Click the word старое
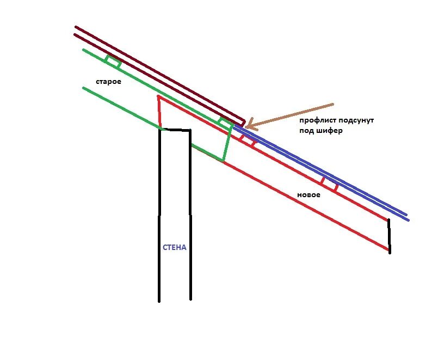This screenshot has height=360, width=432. [108, 82]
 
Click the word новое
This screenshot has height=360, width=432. [308, 194]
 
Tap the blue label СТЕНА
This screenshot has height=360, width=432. [175, 247]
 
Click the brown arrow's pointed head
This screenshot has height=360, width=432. [246, 127]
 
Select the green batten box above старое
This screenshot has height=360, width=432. [113, 62]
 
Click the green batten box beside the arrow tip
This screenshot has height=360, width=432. [225, 123]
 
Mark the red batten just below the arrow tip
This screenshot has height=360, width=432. [247, 140]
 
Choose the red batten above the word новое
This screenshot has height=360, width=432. [330, 184]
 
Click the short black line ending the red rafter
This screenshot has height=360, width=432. [389, 235]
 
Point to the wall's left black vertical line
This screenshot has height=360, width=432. [159, 218]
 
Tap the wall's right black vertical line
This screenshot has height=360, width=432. [190, 218]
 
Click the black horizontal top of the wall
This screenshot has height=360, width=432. [175, 130]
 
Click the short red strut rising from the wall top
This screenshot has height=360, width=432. [159, 112]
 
